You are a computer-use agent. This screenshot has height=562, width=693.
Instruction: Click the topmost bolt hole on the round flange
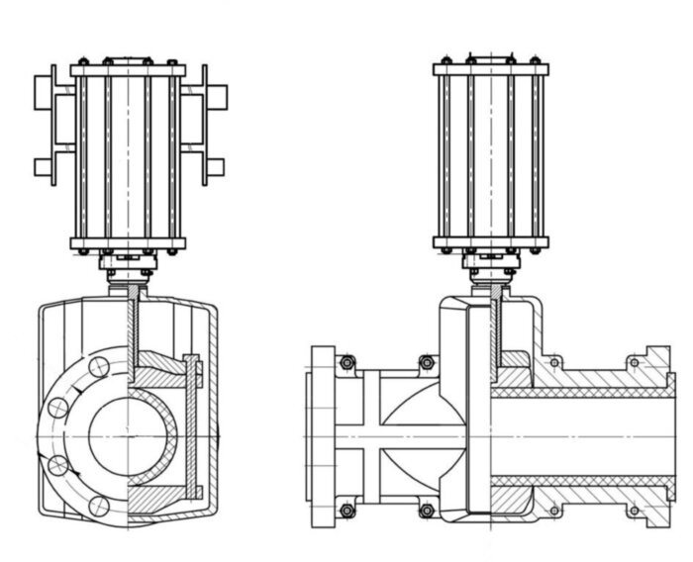click(x=99, y=366)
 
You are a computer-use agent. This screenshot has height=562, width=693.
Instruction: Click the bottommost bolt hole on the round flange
click(x=98, y=506)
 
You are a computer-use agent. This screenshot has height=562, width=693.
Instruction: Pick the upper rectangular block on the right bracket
click(x=215, y=96)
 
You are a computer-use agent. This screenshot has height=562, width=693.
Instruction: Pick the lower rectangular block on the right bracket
click(x=214, y=167)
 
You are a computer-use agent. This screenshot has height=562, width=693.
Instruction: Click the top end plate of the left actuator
click(x=128, y=70)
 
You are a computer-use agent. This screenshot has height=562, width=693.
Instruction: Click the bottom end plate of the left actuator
click(x=128, y=243)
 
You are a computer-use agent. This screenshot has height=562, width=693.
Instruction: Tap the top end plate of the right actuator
click(x=491, y=70)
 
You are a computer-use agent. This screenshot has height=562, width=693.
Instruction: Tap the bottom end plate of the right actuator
click(x=491, y=243)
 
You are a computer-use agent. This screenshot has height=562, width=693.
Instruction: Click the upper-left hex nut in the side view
click(x=347, y=363)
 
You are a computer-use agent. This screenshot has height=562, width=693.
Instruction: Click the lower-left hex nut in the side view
click(x=347, y=511)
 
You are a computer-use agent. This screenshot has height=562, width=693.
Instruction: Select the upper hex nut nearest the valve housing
click(x=427, y=363)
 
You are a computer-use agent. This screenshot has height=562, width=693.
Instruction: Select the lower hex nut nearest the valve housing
click(x=427, y=511)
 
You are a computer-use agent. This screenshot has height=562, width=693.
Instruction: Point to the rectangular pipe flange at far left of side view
click(x=323, y=436)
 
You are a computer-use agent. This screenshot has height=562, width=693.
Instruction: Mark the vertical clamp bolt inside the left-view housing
click(x=190, y=427)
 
